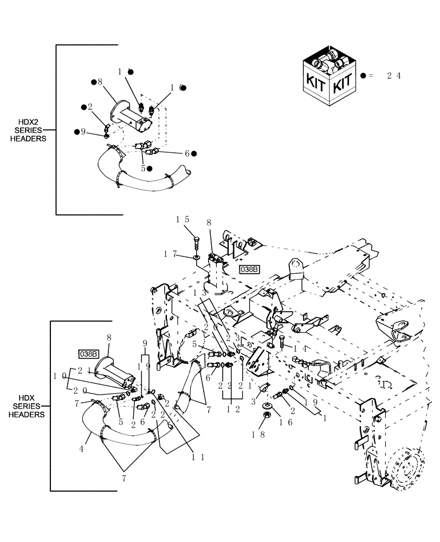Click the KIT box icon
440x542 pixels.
tap(327, 75)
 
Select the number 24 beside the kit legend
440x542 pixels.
tap(393, 76)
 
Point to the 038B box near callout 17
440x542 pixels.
tap(248, 269)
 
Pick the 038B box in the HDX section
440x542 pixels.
tap(88, 354)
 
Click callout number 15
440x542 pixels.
tap(182, 220)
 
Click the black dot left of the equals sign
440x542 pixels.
tap(363, 76)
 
